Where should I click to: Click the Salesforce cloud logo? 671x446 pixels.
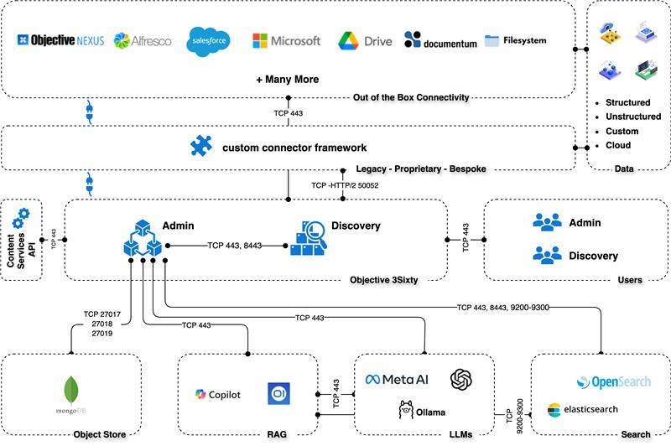[x=209, y=40]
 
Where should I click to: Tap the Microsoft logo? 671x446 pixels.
[x=286, y=40]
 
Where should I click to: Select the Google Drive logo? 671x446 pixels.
[x=365, y=40]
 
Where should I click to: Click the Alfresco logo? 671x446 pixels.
[x=143, y=40]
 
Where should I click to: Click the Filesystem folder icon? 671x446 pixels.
[x=492, y=39]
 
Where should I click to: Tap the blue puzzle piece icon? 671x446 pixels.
[x=201, y=147]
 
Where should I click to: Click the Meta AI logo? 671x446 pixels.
[x=397, y=380]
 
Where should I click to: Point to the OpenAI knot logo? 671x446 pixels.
[x=462, y=380]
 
